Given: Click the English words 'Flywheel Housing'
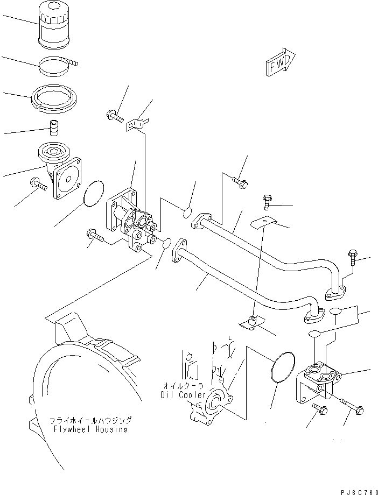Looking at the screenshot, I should click(x=94, y=429).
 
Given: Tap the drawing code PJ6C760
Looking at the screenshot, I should click(x=359, y=490).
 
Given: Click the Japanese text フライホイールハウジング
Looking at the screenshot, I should click(x=91, y=420).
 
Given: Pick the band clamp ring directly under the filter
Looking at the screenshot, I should click(x=57, y=67).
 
